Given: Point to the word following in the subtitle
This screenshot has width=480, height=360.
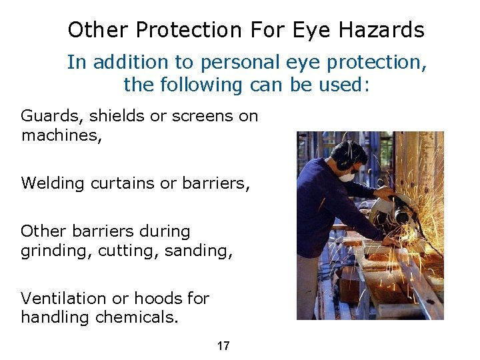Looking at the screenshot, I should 195,85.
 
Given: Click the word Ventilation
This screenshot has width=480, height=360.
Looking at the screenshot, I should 61,298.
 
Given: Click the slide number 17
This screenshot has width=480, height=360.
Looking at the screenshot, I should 223,345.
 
